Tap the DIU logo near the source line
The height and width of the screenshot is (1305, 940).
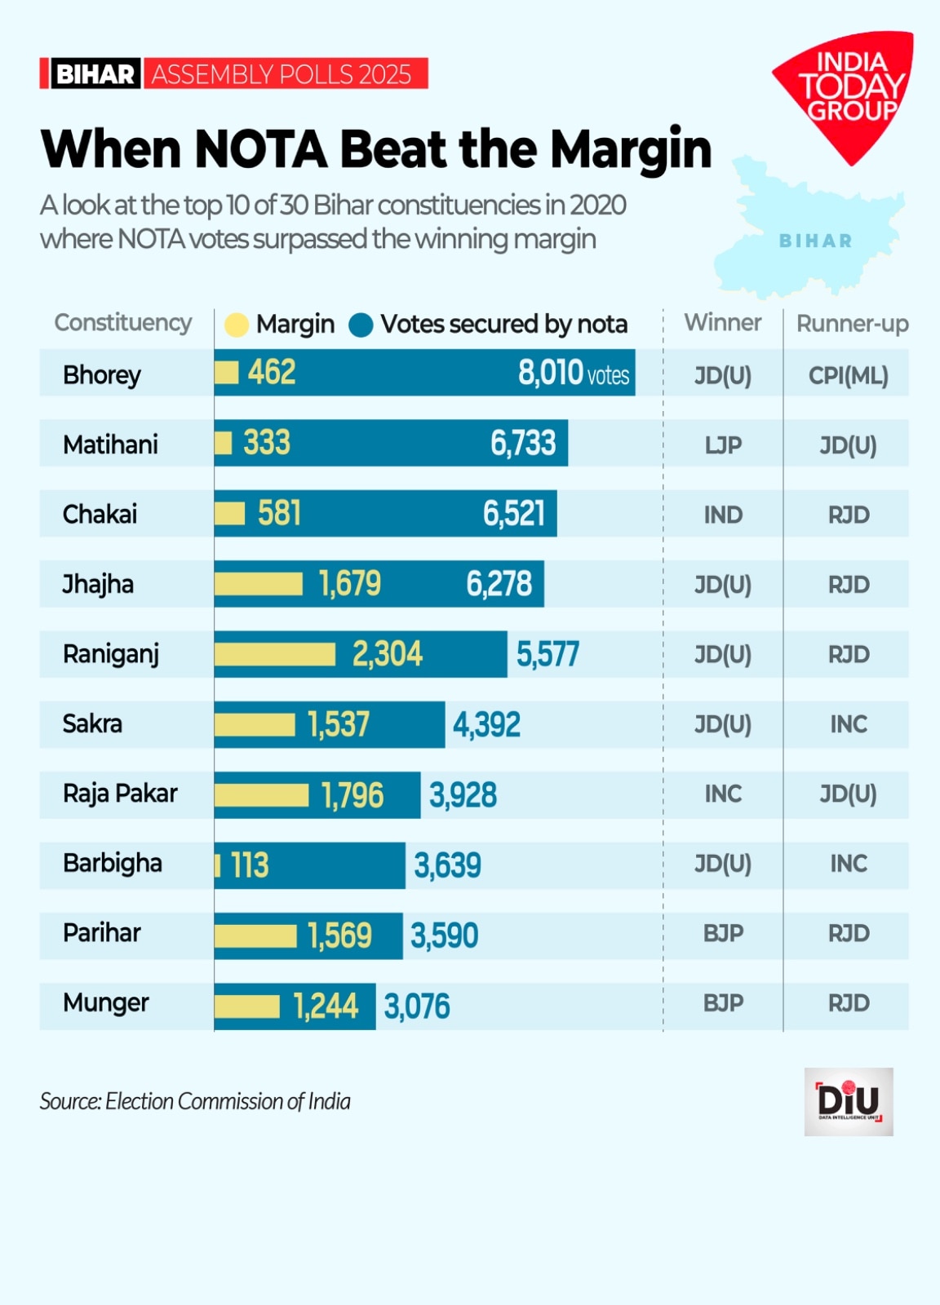(x=849, y=1101)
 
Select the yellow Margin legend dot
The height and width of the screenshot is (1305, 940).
(x=236, y=325)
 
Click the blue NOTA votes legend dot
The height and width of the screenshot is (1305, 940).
(x=361, y=325)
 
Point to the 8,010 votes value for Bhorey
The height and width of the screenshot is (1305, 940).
(x=573, y=374)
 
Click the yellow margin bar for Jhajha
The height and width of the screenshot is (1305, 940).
(x=258, y=584)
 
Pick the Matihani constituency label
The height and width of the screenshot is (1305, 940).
(x=110, y=445)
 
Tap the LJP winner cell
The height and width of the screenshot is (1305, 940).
(x=723, y=445)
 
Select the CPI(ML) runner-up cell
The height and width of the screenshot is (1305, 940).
(x=848, y=375)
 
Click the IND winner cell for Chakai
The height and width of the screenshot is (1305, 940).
(x=723, y=515)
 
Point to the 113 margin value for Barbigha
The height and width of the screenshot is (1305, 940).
(x=249, y=865)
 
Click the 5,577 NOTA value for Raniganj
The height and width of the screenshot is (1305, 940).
(x=548, y=654)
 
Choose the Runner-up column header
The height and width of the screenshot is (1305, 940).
(x=852, y=324)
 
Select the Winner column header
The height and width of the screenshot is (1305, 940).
(x=722, y=323)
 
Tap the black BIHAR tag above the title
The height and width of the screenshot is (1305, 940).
(x=95, y=74)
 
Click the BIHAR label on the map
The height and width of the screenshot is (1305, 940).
(x=815, y=241)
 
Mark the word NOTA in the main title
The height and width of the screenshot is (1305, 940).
(x=261, y=149)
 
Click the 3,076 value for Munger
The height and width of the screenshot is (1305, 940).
(x=417, y=1006)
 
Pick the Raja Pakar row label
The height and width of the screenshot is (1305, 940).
(x=120, y=794)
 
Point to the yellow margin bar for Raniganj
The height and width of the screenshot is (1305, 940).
(x=275, y=654)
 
